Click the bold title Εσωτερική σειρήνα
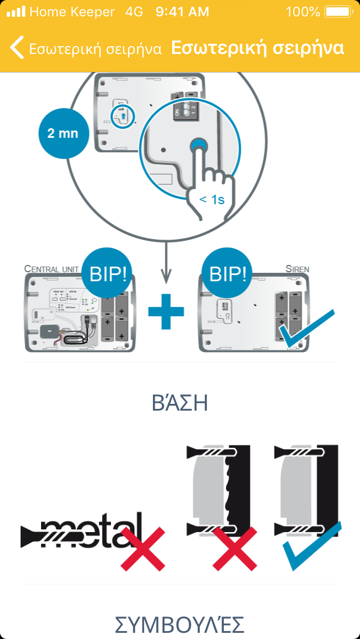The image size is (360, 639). (258, 48)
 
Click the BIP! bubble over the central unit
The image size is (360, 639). (111, 274)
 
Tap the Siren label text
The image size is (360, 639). (296, 268)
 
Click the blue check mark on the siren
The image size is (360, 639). (307, 328)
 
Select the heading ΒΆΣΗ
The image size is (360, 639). (180, 403)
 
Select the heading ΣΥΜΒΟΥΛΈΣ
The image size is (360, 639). (180, 624)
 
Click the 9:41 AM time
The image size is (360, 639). (182, 11)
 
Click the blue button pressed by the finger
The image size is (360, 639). (197, 146)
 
